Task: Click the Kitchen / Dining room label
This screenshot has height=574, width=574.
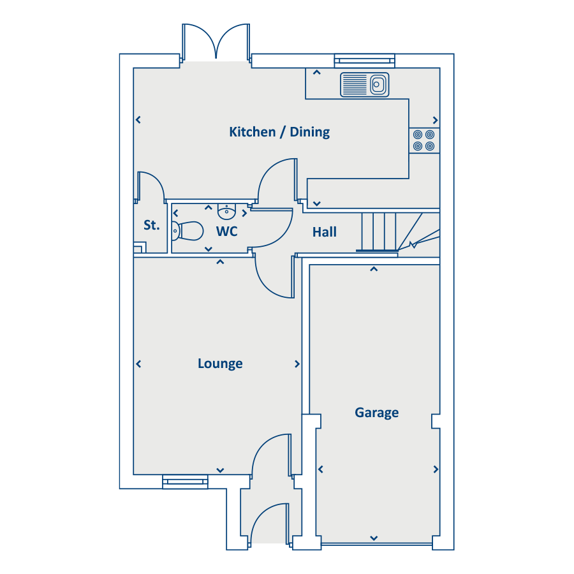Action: tap(279, 132)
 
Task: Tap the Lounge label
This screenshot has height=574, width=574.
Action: tap(220, 364)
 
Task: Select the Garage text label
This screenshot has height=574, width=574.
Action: tap(377, 413)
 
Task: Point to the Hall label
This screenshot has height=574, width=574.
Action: tap(325, 232)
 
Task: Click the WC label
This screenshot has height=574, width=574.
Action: tap(227, 232)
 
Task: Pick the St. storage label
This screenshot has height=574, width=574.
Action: tap(151, 225)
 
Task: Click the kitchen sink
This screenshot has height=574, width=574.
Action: tap(365, 84)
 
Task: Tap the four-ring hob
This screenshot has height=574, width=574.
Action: tap(423, 140)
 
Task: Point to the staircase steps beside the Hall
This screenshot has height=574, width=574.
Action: tap(380, 231)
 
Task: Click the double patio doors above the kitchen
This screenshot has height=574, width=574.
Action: tap(216, 41)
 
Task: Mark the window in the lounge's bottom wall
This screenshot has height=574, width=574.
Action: tap(185, 482)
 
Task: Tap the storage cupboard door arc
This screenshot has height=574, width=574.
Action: tap(152, 185)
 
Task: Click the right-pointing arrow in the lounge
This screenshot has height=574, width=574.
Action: tap(297, 364)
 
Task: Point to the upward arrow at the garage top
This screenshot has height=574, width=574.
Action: tap(374, 269)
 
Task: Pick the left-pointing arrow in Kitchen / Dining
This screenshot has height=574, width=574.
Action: tap(138, 119)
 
